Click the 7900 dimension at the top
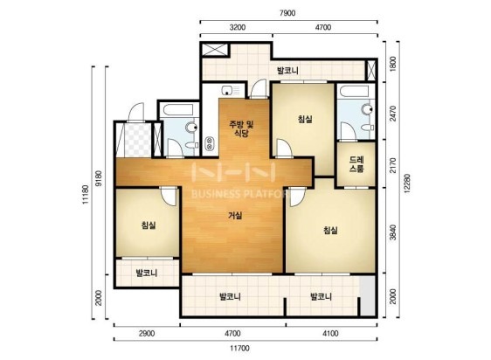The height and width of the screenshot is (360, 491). coord(287,13)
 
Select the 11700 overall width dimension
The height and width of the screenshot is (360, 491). coord(240,348)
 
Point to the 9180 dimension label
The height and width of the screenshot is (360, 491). coord(99,178)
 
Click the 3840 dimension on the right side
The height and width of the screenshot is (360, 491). coord(393,232)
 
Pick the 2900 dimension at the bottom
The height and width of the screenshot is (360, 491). coord(147,333)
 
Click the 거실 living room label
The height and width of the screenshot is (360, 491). coord(235,216)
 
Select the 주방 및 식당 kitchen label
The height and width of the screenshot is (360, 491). coord(241,128)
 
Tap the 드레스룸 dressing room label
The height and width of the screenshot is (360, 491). coord(356,164)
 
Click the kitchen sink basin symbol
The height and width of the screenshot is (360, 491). coord(226,91)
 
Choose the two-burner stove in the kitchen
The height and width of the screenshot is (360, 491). coord(209,144)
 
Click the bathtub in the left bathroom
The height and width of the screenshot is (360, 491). coord(178,109)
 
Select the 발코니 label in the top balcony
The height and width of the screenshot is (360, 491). coord(287,71)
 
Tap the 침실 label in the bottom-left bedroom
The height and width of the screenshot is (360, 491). coord(149,225)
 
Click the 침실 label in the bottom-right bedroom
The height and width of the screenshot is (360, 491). coord(330,231)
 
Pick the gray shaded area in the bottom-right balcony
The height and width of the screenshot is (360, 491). coord(367,295)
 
